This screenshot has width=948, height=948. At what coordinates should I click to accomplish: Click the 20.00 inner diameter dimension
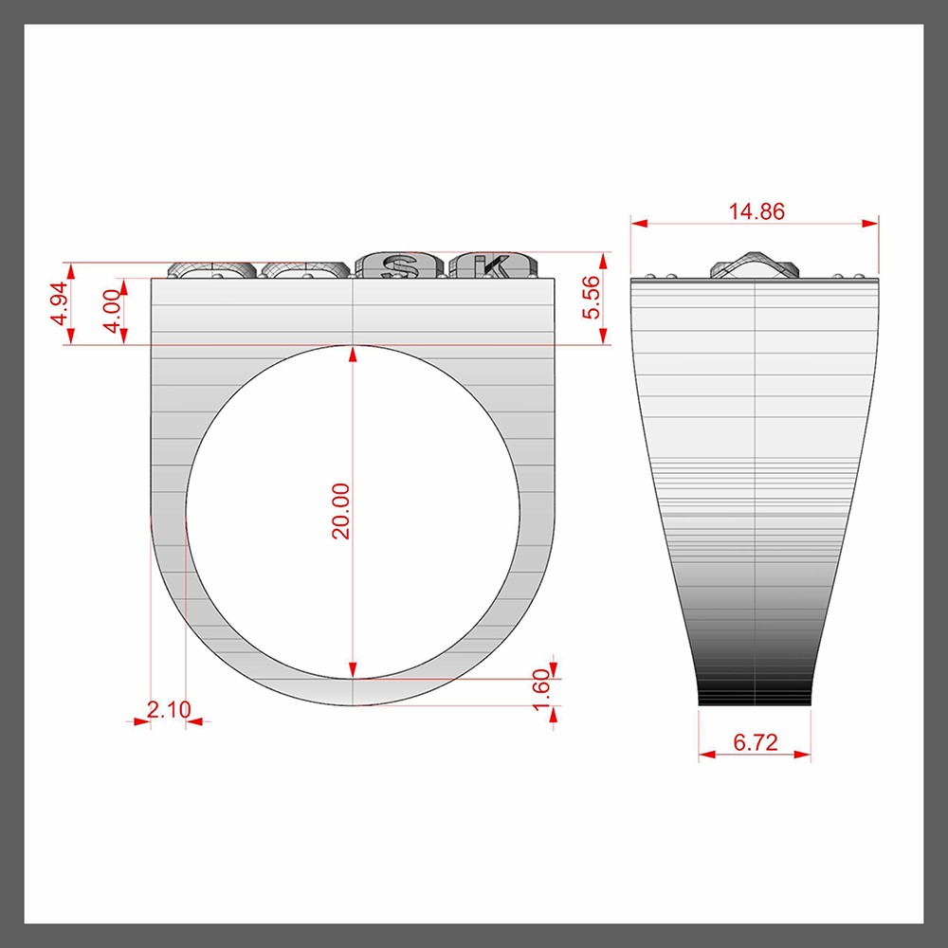click(341, 511)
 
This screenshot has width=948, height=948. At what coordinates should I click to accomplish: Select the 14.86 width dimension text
click(757, 211)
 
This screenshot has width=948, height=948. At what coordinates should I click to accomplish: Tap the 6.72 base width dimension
click(756, 742)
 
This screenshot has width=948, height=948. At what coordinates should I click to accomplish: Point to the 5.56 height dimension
click(591, 297)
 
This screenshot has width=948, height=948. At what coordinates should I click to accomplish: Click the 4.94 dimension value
click(59, 303)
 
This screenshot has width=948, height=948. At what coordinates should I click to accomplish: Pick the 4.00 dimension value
click(113, 311)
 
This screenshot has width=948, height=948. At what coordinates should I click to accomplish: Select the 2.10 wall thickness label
click(169, 709)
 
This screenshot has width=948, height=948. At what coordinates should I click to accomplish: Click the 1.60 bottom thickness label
click(542, 690)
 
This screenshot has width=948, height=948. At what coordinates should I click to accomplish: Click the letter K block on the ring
click(493, 265)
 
